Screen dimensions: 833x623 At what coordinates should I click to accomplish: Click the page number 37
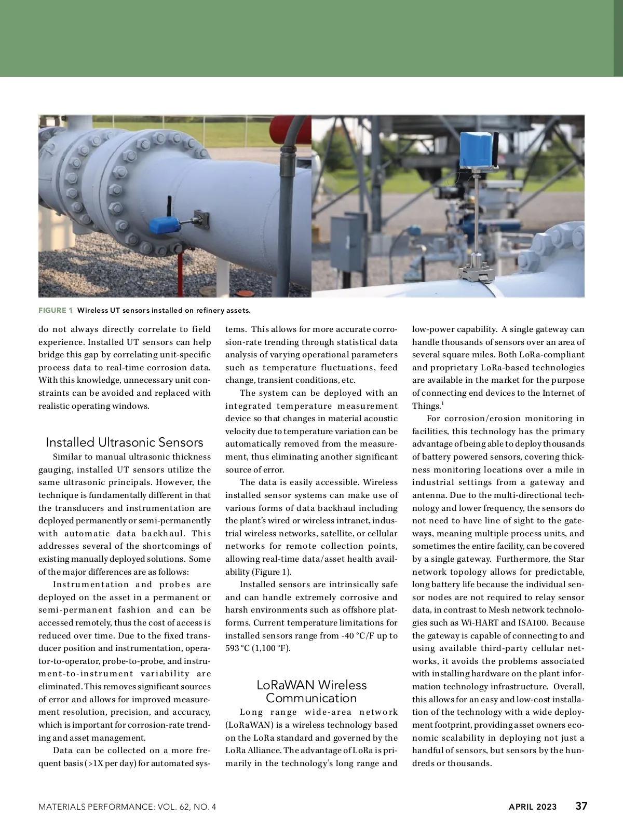click(581, 806)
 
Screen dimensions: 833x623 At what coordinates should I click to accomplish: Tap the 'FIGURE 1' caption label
click(56, 311)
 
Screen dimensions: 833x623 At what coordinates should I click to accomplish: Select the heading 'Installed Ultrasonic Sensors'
click(125, 442)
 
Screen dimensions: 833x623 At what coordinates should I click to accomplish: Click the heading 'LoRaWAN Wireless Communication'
click(311, 691)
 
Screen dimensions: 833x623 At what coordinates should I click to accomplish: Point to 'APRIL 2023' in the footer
click(532, 807)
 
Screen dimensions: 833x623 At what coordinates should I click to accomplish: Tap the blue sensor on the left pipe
click(164, 225)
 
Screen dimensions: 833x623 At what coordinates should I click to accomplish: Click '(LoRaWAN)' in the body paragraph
click(245, 725)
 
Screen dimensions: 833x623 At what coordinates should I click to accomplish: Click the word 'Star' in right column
click(576, 559)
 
